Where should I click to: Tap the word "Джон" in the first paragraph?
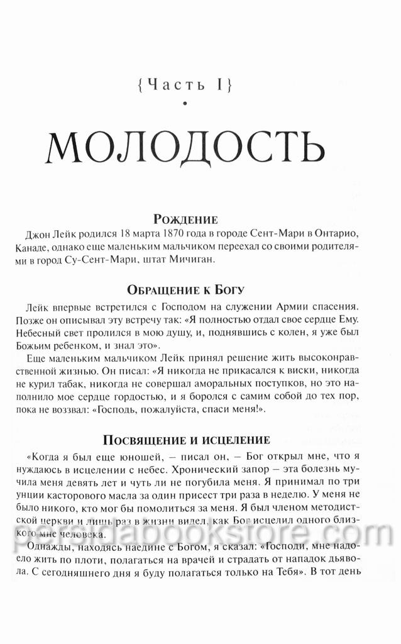click(41, 235)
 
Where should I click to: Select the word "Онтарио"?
click(356, 235)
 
